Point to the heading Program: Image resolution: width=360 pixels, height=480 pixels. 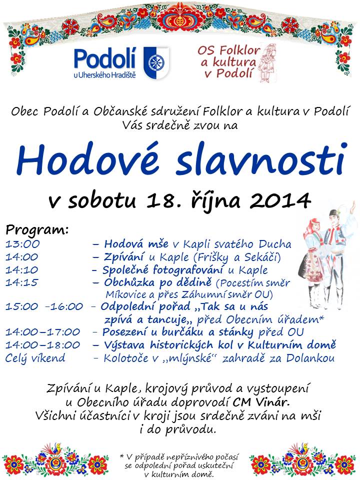point(37,230)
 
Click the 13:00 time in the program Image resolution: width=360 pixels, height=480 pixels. point(22,244)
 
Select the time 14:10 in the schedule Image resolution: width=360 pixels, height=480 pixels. point(22,270)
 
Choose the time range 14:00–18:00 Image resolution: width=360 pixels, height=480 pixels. point(43,344)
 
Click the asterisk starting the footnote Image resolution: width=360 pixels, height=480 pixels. point(122,456)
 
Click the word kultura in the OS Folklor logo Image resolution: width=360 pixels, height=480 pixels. point(233,62)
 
